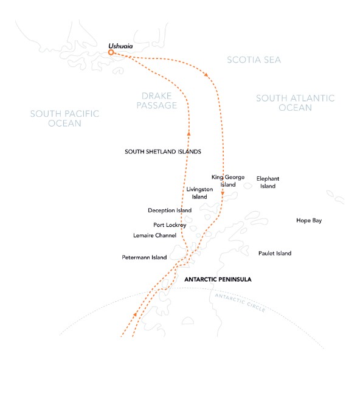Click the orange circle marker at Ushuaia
[111, 53]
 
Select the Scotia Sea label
[254, 60]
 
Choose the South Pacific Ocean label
[65, 118]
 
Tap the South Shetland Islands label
[162, 151]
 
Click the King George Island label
[228, 181]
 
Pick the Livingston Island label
[200, 193]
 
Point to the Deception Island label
[170, 210]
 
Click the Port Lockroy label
[170, 224]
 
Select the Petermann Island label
[144, 258]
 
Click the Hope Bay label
[309, 220]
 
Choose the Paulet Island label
[274, 253]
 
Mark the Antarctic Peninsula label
[217, 279]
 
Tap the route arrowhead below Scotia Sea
[209, 75]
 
